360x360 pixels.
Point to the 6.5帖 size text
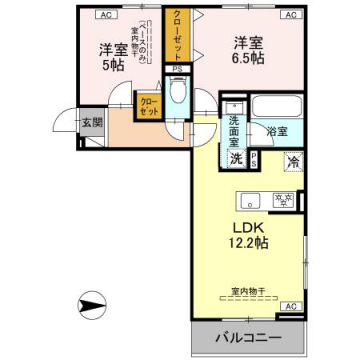click(x=248, y=58)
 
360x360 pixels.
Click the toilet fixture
click(x=179, y=96)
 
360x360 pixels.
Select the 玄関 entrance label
click(x=92, y=123)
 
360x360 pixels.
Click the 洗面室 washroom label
click(x=232, y=131)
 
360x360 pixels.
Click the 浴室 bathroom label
click(x=276, y=131)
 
